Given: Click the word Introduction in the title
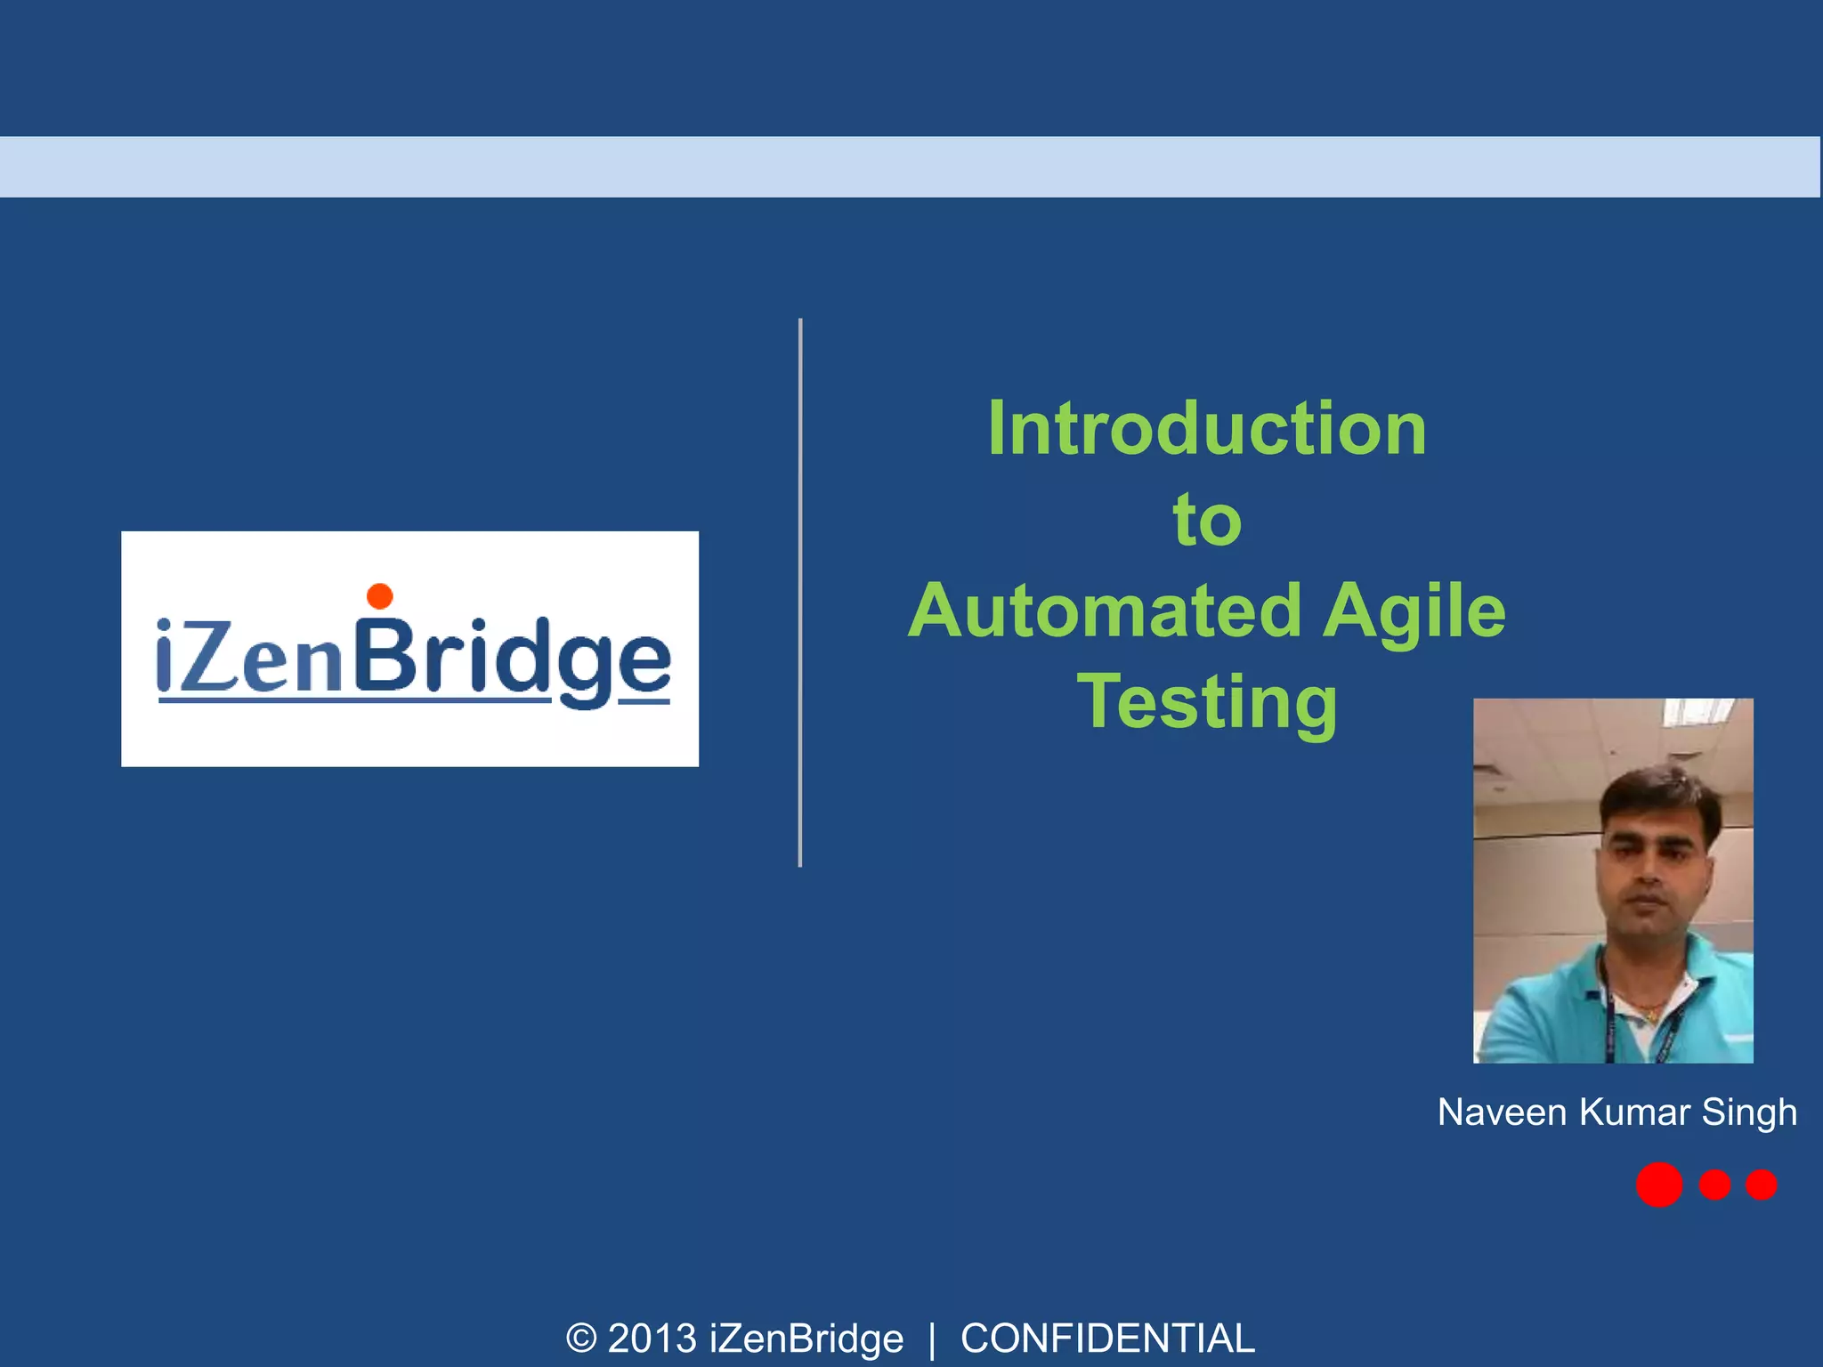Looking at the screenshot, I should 1207,429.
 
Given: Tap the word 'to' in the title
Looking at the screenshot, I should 1207,520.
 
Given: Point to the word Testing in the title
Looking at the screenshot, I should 1207,703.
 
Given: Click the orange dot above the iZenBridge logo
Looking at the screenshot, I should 380,595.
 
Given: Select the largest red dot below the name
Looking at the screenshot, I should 1658,1185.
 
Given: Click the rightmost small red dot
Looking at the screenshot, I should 1761,1185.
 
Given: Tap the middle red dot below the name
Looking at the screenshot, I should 1714,1185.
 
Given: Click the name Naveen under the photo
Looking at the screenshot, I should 1502,1112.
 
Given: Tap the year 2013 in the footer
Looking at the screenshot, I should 652,1339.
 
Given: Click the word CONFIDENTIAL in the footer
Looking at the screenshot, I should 1107,1339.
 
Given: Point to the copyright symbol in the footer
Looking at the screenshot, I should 581,1339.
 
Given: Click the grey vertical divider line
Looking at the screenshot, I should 800,592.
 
